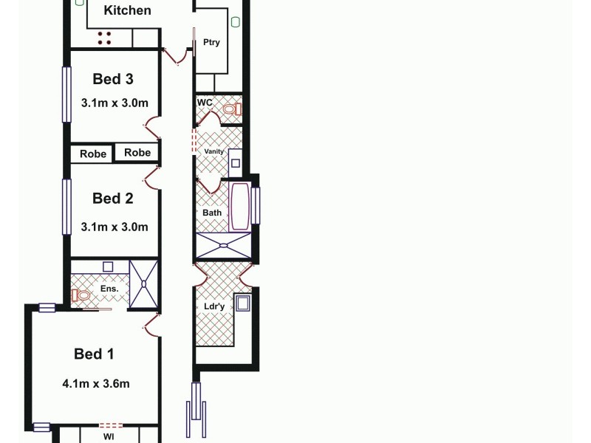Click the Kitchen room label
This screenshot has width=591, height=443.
(x=127, y=10)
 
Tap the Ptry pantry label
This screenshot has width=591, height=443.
(x=211, y=43)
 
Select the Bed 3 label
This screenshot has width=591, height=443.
(x=113, y=79)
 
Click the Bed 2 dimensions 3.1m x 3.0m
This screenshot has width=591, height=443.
(x=115, y=227)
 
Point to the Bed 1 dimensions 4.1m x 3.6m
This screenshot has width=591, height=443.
(x=96, y=383)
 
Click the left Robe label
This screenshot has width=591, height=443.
(x=92, y=154)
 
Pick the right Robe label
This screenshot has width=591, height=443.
(x=137, y=153)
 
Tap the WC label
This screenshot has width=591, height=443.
(x=205, y=102)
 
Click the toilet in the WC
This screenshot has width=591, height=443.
(x=232, y=111)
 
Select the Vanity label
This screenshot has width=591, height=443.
(x=213, y=151)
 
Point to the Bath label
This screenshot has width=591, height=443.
(x=212, y=213)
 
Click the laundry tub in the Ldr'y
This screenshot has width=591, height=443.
(x=243, y=303)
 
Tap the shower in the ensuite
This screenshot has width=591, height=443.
(x=144, y=283)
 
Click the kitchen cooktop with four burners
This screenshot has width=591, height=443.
(x=104, y=38)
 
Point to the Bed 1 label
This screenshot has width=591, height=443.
(x=95, y=354)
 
